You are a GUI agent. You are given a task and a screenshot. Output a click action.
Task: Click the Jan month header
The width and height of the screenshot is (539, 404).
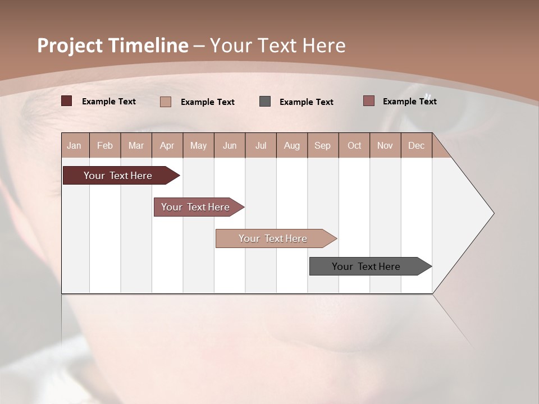coord(74,145)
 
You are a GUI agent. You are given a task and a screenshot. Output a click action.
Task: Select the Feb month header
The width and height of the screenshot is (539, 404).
coord(105,145)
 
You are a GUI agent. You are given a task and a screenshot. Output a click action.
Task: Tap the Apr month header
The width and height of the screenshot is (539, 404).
coord(167,145)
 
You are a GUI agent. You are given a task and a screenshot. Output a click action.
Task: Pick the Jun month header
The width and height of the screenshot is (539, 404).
coord(230,145)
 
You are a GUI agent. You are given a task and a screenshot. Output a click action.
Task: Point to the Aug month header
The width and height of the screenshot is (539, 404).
coord(291,145)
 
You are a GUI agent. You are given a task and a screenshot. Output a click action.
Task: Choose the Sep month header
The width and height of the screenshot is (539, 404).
coord(322,145)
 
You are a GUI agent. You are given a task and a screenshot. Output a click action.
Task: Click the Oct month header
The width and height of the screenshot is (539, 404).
coord(354,145)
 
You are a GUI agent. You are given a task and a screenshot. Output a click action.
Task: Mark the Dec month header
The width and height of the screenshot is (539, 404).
coord(416,145)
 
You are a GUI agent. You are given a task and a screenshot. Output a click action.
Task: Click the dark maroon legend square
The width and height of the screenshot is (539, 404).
coord(66,101)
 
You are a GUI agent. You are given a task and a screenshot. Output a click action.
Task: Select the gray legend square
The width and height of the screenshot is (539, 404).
coord(265,102)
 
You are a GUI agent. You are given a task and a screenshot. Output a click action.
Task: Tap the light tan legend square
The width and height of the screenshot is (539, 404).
coord(166,102)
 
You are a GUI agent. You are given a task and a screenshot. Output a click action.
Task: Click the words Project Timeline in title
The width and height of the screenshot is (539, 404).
coord(113,45)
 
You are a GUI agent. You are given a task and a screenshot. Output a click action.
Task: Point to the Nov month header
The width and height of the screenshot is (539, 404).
coord(385,145)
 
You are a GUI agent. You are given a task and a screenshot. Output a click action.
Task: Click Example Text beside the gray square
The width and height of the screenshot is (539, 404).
coord(306,102)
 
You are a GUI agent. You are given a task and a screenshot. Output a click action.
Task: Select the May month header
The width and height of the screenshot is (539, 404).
coord(198,145)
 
